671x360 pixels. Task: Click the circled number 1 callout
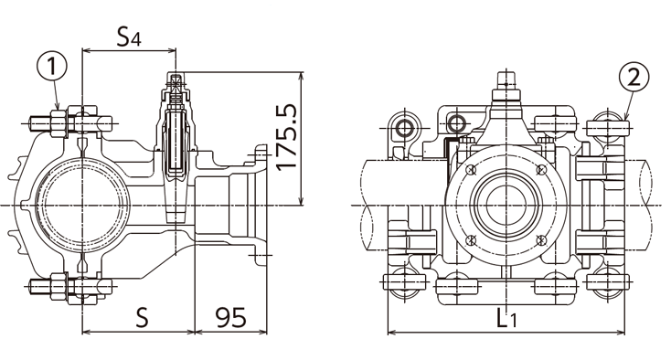coord(53,66)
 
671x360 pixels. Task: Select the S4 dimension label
coord(129,38)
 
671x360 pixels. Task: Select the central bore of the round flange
coord(506,204)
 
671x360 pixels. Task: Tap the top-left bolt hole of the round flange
coord(470,170)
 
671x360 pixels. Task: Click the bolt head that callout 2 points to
coord(604,123)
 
